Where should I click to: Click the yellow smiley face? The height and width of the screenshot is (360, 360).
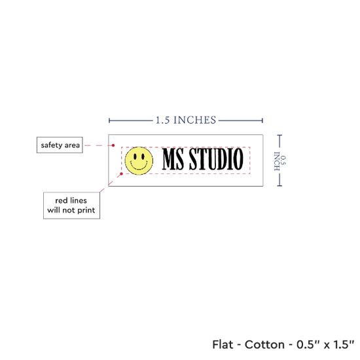139,161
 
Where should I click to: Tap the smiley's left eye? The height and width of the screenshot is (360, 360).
135,156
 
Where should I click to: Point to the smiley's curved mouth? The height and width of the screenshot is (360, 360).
139,166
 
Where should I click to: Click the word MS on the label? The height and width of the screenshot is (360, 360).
173,159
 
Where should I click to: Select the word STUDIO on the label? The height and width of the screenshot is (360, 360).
216,159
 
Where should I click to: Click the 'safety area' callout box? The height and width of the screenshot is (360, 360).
60,145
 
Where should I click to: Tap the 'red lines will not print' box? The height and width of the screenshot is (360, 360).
71,206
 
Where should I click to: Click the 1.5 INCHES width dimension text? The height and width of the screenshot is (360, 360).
186,120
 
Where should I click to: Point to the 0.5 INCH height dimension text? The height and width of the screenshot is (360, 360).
280,161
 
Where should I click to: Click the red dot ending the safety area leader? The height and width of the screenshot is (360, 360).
113,145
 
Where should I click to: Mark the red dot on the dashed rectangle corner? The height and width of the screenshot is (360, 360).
122,174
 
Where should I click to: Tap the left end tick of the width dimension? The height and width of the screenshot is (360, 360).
109,120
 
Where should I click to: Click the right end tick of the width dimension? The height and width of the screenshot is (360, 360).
262,120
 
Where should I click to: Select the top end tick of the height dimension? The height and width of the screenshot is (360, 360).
279,135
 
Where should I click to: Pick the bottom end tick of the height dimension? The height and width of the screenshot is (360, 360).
279,185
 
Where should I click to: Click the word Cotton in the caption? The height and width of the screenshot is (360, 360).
264,344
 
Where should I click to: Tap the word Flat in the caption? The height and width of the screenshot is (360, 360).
223,344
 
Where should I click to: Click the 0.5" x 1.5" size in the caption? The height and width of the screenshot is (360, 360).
325,344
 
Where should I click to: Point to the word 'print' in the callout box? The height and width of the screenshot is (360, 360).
86,210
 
